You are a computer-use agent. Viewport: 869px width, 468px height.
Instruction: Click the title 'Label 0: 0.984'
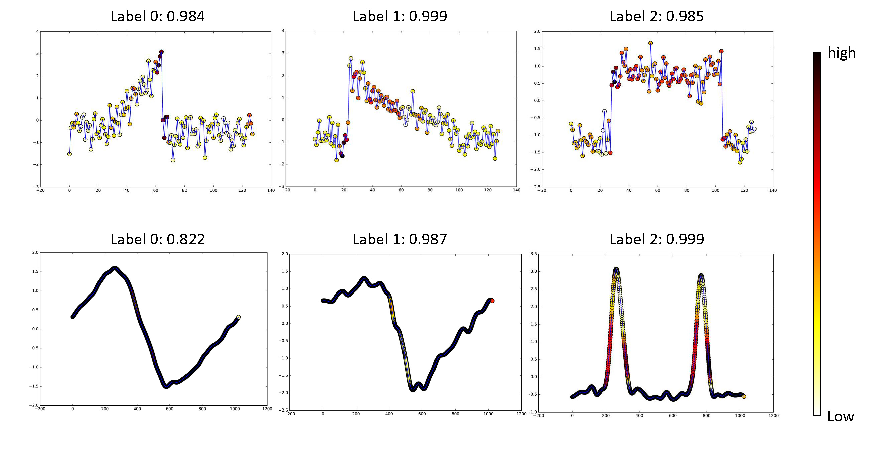[x=157, y=16]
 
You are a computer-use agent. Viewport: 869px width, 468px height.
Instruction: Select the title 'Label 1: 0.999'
[x=399, y=16]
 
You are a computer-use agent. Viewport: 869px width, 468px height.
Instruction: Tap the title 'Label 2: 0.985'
[x=656, y=16]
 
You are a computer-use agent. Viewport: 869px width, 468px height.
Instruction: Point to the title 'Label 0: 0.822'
[x=157, y=239]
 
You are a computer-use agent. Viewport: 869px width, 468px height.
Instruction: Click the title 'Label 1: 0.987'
[x=399, y=239]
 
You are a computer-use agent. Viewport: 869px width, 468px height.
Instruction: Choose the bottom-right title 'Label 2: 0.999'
[x=656, y=239]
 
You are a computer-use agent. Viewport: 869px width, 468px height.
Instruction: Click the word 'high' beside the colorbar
[x=841, y=52]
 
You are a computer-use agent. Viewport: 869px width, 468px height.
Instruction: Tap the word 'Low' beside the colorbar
[x=840, y=417]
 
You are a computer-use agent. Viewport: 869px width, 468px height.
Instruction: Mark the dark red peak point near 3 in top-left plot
[x=161, y=52]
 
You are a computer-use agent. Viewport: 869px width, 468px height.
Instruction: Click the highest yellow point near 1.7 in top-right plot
[x=650, y=43]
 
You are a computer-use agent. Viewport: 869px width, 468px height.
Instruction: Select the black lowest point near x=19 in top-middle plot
[x=342, y=156]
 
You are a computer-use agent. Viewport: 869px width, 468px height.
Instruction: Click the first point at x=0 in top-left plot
[x=69, y=154]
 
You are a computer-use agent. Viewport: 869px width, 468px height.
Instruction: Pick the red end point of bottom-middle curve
[x=492, y=301]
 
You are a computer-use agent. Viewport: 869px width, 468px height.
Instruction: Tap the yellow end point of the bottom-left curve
[x=239, y=317]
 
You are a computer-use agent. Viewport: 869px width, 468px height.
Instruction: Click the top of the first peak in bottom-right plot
[x=616, y=269]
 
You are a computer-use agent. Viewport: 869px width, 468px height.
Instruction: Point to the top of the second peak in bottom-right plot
[x=701, y=275]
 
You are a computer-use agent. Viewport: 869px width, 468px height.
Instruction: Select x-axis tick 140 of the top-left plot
[x=271, y=190]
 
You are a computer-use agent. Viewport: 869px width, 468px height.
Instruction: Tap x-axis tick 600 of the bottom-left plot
[x=170, y=409]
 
